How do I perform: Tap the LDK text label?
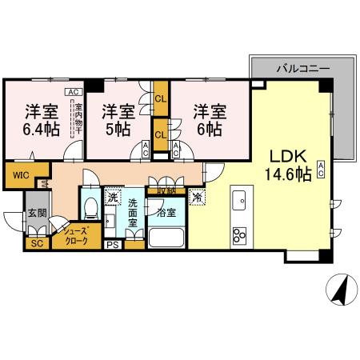(x=282, y=154)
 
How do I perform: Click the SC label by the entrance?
(x=36, y=243)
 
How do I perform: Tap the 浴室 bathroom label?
(x=166, y=214)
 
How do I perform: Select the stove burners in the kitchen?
(x=239, y=234)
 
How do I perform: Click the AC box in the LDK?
(x=320, y=168)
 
